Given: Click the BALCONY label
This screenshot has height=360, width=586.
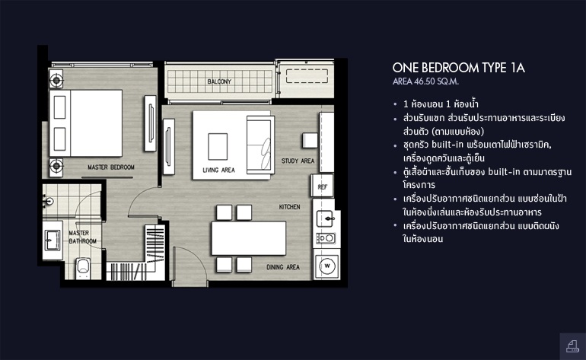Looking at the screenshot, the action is coord(219,81).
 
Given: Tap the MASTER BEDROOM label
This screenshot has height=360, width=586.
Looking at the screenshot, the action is coord(111,167).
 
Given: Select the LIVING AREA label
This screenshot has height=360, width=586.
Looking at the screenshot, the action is coord(218,170).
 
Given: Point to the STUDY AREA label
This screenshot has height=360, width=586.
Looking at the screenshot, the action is coord(298,161).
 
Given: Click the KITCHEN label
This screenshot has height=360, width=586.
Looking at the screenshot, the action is coord(290,207).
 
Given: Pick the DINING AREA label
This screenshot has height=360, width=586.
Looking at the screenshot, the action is coord(283,267).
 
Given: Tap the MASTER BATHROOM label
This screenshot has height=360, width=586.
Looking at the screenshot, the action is coord(83,237).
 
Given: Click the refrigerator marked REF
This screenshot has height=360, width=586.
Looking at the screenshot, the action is coord(322,186).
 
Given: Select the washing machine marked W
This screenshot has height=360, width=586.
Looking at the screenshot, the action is coord(327,266).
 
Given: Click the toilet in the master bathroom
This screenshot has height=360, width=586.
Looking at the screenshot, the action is coord(83,268).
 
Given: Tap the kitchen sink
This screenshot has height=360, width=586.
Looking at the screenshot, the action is coord(325,218).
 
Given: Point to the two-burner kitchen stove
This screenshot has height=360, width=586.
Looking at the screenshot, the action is coord(326,237).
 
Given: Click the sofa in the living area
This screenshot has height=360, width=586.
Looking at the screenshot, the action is coord(260,145).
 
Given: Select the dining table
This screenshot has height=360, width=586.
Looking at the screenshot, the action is coord(249,238).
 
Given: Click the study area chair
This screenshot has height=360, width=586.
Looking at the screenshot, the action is coord(311,141).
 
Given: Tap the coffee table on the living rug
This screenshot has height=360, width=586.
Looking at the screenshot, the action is coord(218,146).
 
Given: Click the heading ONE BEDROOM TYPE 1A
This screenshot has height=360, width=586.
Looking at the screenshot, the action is coord(459,68).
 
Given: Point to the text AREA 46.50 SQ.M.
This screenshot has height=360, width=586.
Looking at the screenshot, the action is coord(425,81).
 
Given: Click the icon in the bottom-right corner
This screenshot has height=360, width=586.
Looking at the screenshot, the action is coord(572,346).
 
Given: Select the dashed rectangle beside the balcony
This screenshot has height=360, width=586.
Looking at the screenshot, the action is coord(307,76).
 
